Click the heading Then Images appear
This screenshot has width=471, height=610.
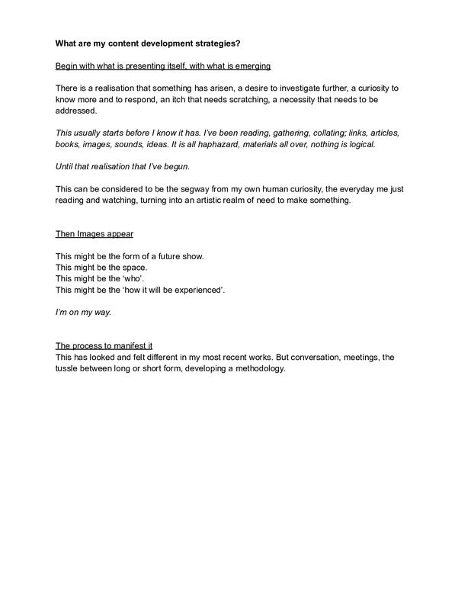pyautogui.click(x=90, y=233)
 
